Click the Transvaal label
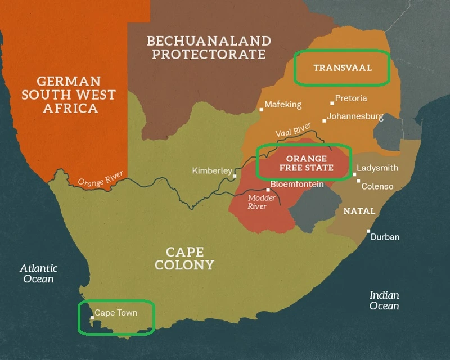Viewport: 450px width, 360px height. coord(343,68)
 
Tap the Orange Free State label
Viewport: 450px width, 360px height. coord(306,163)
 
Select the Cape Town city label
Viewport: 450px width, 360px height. coord(115,313)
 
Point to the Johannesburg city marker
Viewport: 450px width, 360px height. coord(324,120)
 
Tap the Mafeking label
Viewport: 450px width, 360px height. coord(283,105)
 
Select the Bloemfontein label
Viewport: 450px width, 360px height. coord(296,184)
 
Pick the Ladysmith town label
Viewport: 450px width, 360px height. coord(378,168)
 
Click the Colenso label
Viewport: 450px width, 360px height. coord(377,186)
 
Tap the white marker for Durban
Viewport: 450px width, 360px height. coord(368,231)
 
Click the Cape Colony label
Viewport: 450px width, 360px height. coord(184,258)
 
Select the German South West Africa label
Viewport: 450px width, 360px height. coord(68,94)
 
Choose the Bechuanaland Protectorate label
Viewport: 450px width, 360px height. coord(209,48)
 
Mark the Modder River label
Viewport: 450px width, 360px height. coord(262,202)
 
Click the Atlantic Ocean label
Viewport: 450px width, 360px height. coord(38,273)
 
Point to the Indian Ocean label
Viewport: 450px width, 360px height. coord(384,300)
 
